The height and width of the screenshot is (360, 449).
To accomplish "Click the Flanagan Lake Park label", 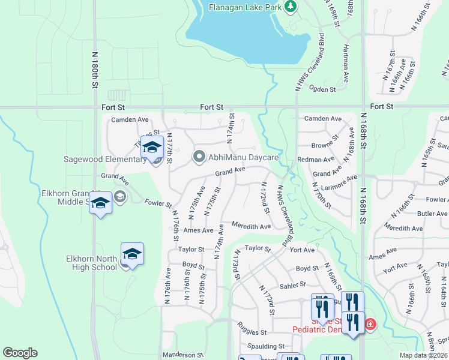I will point(245,7).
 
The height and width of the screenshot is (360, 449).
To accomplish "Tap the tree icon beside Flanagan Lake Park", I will point(291,7).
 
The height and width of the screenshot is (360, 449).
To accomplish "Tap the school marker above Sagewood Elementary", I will point(152,147).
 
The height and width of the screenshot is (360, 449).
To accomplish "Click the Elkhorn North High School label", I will point(92,263).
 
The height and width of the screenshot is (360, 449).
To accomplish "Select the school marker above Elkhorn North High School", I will point(132,253).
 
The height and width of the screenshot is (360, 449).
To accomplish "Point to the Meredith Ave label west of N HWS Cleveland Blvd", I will point(252,227).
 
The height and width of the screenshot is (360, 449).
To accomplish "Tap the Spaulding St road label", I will point(265,347).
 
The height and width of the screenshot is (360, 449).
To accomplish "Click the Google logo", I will point(20,353).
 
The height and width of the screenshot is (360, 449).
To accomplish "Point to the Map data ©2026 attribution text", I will point(423,355).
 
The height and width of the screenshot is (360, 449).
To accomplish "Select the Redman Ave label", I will point(316,160).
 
